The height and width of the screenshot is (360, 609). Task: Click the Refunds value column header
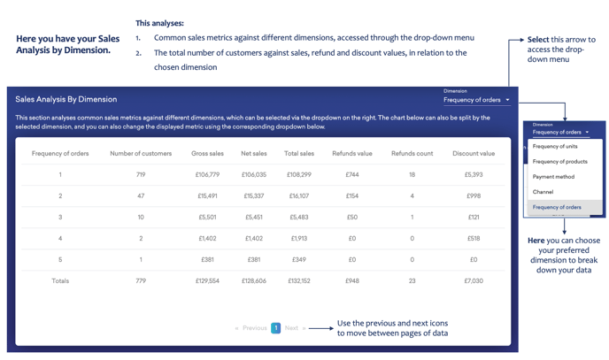tap(351, 154)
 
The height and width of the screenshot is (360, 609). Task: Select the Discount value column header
tap(473, 154)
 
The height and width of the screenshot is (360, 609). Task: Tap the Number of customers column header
tap(141, 154)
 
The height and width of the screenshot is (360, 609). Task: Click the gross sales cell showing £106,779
tap(207, 175)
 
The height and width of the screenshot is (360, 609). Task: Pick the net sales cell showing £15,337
tap(253, 196)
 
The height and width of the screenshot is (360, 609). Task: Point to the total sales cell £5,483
tap(298, 218)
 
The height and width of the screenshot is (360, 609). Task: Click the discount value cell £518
tap(473, 239)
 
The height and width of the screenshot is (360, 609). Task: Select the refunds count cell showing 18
tap(412, 175)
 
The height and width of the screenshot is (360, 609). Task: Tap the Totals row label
tap(60, 281)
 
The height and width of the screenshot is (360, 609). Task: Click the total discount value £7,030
tap(473, 281)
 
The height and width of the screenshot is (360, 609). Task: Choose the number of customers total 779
tap(141, 281)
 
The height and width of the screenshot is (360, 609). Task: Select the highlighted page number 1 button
tap(275, 328)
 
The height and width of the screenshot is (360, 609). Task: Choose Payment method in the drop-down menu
tap(553, 177)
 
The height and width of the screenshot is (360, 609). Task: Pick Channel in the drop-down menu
tap(543, 192)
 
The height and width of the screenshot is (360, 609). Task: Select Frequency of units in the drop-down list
tap(555, 147)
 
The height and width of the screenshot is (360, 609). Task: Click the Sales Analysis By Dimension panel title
tap(66, 100)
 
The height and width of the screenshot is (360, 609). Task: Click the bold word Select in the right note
tap(537, 40)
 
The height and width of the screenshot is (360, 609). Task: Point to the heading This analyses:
tap(159, 23)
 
